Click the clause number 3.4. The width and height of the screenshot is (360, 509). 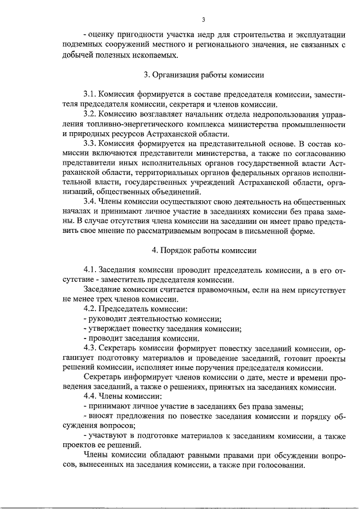90,201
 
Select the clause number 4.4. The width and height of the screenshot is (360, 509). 90,397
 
